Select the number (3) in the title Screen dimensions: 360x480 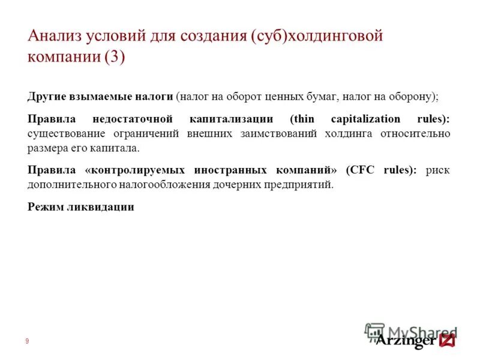pyautogui.click(x=115, y=58)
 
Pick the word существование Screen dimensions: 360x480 pyautogui.click(x=67, y=133)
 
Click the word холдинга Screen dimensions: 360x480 pyautogui.click(x=350, y=133)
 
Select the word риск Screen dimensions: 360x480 pyautogui.click(x=437, y=170)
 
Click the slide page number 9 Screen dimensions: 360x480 pyautogui.click(x=27, y=341)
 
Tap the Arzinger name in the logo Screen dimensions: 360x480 pyautogui.click(x=405, y=341)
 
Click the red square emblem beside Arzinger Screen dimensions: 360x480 pyautogui.click(x=448, y=341)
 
